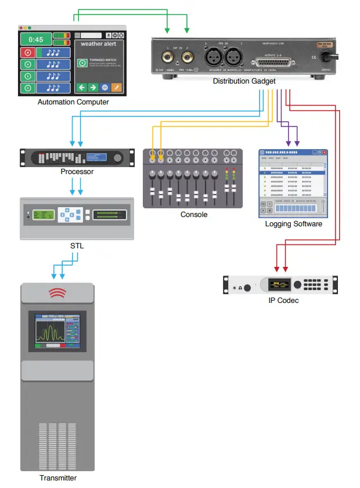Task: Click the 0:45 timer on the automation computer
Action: coord(36,39)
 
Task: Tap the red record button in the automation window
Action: coord(27,53)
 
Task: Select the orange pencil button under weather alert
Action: coord(117,88)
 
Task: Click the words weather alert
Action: coord(99,44)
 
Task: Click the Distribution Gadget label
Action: coord(244,81)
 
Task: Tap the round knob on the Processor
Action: coord(118,158)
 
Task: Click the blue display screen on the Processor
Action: coord(96,157)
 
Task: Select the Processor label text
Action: coord(77,172)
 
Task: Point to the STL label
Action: coord(77,246)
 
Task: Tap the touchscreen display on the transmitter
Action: coord(57,331)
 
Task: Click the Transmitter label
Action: coord(58,478)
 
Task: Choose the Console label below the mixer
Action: coord(194,215)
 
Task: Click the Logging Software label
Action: coord(293,224)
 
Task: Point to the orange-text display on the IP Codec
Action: coord(279,285)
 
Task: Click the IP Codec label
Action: coord(280,301)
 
